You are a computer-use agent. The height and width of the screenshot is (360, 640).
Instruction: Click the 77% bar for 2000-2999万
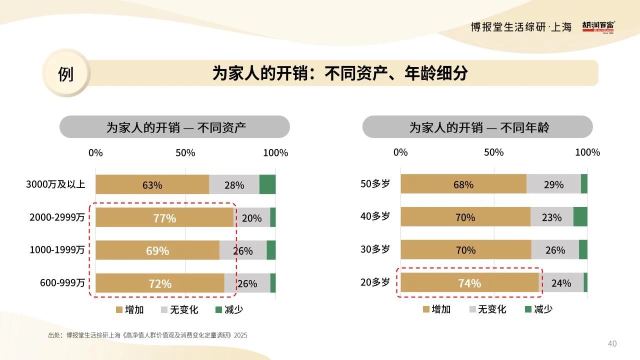tap(164, 217)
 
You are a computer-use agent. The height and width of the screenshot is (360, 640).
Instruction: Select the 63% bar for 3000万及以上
tap(152, 184)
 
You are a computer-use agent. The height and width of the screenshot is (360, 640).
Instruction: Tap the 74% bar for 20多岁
tap(469, 282)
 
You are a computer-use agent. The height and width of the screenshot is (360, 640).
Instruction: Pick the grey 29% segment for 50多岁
tap(553, 184)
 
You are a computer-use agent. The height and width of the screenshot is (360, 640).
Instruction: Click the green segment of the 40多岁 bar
tap(580, 216)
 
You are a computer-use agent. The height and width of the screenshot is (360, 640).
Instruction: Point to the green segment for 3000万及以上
tap(267, 184)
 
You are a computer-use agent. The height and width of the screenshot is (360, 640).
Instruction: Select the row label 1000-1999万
tap(57, 250)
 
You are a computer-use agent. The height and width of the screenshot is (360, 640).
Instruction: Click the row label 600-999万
tap(62, 283)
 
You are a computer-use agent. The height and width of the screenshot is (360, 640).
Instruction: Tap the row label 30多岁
tap(375, 249)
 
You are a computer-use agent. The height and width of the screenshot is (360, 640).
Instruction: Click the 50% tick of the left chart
tap(185, 152)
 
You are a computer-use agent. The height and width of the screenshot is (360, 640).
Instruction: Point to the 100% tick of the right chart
tap(587, 152)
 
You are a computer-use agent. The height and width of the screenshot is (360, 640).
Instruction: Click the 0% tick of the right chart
tap(400, 152)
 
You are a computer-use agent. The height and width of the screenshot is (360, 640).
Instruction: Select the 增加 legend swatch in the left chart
tap(119, 310)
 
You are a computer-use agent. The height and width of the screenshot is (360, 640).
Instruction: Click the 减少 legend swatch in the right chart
tap(528, 309)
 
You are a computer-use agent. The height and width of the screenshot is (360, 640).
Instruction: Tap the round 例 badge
tap(66, 73)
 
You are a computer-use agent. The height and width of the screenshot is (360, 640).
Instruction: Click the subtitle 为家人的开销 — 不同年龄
tap(477, 127)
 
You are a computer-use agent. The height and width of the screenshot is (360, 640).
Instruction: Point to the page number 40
tap(612, 343)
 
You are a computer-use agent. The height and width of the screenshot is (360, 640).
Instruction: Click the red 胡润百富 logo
tap(598, 26)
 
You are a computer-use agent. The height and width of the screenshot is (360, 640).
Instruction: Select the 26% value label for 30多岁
tap(555, 250)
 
